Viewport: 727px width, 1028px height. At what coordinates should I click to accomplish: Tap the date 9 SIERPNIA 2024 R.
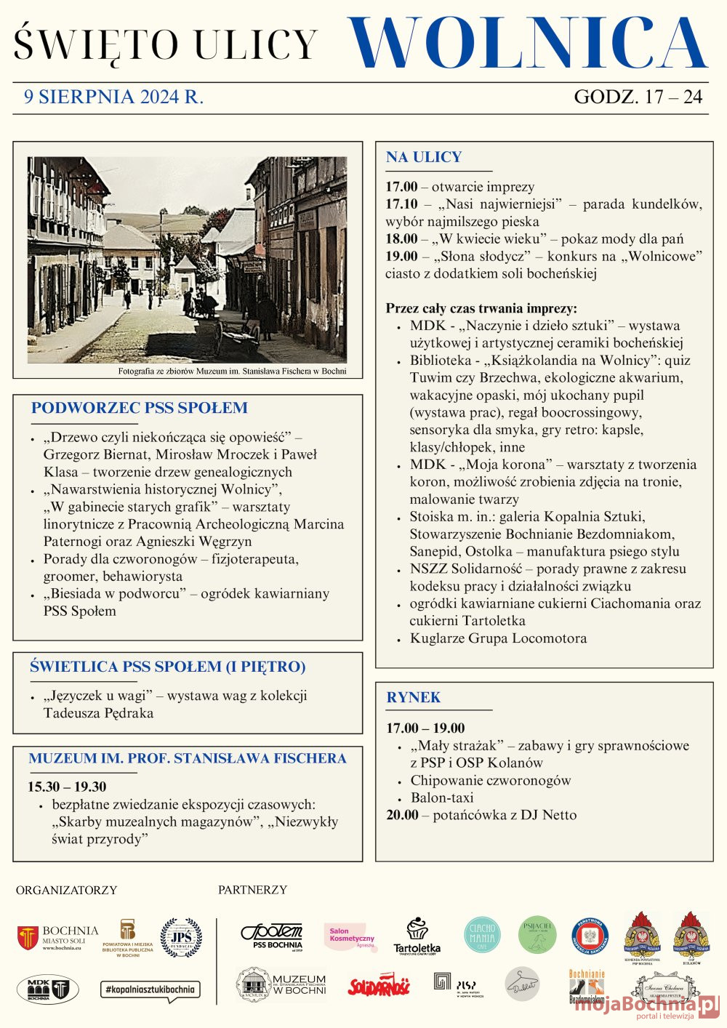point(113,97)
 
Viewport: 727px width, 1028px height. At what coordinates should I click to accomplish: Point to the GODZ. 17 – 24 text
point(638,97)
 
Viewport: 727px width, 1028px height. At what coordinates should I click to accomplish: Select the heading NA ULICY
point(424,157)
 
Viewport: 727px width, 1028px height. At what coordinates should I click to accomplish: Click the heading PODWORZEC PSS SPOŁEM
point(139,408)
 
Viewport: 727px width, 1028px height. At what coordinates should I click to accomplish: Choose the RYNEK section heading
point(413,697)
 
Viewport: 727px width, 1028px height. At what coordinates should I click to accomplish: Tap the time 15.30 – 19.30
point(67,787)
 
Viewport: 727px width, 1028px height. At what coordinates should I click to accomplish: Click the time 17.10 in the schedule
point(401,204)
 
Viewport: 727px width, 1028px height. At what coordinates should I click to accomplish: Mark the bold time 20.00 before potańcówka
point(402,815)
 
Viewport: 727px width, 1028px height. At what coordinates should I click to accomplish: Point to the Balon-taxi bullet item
point(442,798)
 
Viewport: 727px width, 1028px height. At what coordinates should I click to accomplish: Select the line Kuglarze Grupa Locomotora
point(498,638)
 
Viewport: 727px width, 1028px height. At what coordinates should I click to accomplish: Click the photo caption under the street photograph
point(232,372)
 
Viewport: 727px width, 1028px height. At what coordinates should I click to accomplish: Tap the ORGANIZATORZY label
point(66,890)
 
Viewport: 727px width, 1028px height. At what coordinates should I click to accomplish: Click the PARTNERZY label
point(252,890)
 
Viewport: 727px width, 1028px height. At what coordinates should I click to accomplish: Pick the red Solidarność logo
point(379,985)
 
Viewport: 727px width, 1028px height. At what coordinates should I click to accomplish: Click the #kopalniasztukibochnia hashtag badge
point(150,990)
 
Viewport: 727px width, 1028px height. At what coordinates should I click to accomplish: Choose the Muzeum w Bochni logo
point(281,985)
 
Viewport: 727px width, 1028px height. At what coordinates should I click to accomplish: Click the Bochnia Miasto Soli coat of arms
point(28,938)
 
